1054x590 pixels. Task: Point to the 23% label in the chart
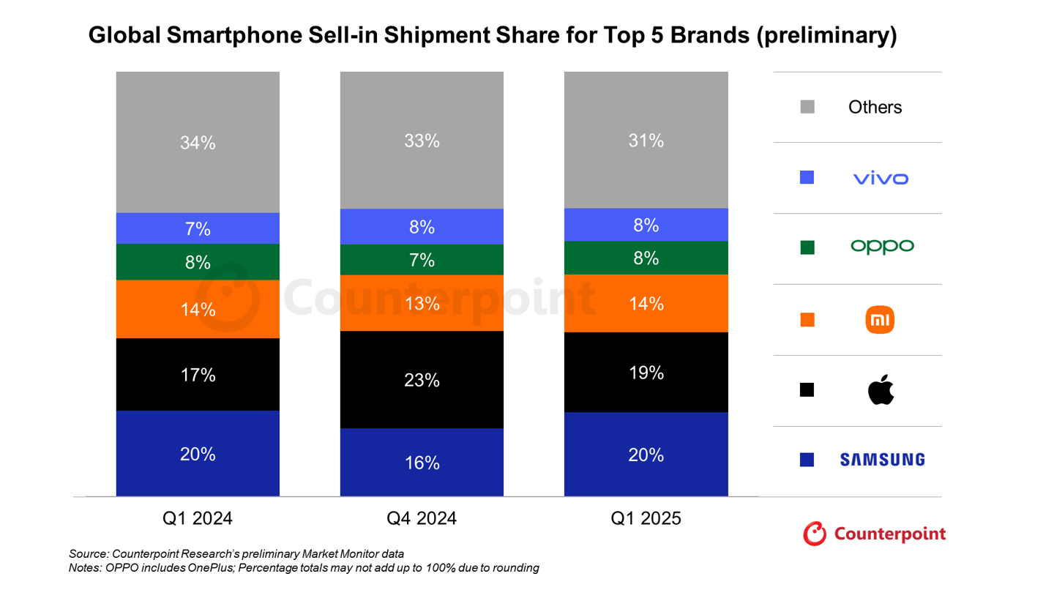(422, 381)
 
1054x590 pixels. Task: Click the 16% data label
(422, 463)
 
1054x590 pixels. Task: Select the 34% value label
(198, 143)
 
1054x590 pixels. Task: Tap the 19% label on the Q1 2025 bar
(646, 373)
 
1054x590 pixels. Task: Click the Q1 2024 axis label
(198, 519)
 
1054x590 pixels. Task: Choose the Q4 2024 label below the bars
(422, 519)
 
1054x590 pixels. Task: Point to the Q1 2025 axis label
(646, 519)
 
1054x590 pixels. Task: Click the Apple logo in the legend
(881, 390)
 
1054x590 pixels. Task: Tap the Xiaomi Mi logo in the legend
(880, 320)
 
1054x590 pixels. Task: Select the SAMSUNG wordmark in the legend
(882, 460)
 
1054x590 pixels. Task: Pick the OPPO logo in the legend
(882, 247)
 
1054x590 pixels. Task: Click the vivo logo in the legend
(881, 178)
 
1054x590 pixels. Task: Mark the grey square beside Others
(807, 107)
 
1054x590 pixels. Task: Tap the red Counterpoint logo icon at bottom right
(815, 534)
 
